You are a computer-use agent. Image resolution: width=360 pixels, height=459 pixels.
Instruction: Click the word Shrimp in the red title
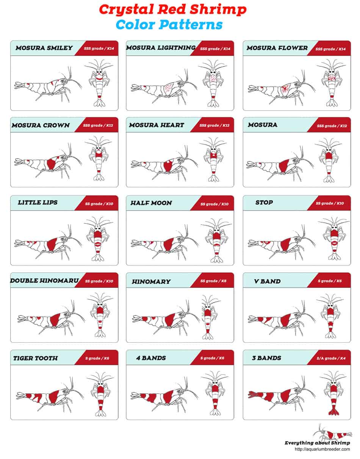(x=218, y=10)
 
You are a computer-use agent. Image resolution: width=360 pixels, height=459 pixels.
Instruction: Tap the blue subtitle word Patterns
(x=190, y=25)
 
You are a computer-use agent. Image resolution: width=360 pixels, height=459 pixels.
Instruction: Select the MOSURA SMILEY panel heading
(x=44, y=48)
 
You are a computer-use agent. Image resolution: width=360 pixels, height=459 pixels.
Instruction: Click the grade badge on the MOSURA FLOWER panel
(x=330, y=49)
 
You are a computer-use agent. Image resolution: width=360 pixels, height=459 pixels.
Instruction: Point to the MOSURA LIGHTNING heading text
(x=161, y=48)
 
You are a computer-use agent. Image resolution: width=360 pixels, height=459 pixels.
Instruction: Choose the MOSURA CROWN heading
(x=41, y=125)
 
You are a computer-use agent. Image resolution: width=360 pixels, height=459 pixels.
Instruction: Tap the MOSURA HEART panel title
(x=157, y=125)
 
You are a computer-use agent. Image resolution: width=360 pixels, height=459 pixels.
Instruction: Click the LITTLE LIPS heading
(x=38, y=202)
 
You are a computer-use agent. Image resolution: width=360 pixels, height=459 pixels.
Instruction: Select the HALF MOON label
(x=151, y=203)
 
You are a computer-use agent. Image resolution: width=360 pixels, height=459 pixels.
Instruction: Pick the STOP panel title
(x=264, y=202)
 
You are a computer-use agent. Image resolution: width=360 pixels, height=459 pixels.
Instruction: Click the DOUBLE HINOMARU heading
(x=44, y=281)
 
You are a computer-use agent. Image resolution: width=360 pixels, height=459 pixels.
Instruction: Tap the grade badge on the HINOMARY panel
(x=213, y=281)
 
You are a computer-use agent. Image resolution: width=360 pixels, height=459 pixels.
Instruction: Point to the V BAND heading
(x=268, y=281)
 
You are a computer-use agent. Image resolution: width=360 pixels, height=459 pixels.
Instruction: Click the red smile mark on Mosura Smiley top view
(x=99, y=78)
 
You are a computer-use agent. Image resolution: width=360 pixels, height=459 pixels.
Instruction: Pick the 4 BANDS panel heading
(x=151, y=358)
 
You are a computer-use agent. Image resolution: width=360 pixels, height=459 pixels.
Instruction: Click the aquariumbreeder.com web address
(x=322, y=449)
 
